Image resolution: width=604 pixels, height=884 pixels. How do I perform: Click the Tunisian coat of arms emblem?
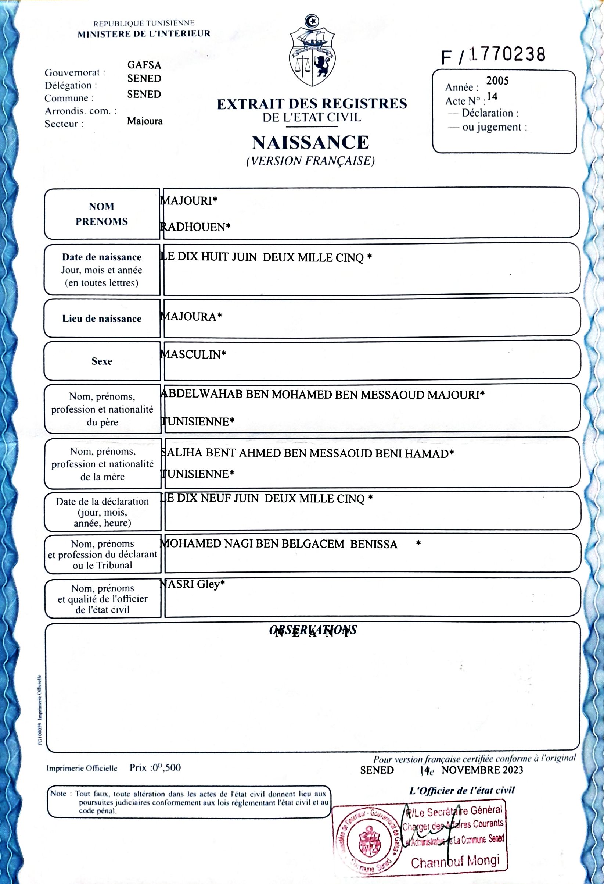tap(312, 51)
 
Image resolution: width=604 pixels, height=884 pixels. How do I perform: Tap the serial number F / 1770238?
tap(493, 56)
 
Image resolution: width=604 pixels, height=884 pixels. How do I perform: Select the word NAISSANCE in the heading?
tap(310, 142)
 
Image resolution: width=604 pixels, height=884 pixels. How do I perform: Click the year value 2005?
tap(497, 81)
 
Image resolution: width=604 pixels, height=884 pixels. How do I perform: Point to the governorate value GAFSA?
tap(144, 65)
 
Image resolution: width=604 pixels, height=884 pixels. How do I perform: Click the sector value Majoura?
tap(145, 121)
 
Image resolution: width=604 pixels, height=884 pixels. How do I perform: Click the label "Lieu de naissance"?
tap(102, 318)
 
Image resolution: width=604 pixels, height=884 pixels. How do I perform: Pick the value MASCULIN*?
tap(193, 354)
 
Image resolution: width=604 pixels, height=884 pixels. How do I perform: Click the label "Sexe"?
tap(102, 361)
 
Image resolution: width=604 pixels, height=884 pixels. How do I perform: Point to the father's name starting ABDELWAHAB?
tap(322, 395)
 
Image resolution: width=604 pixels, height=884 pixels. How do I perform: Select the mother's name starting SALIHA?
tap(307, 453)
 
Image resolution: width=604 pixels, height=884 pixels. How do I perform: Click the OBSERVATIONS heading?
tap(313, 630)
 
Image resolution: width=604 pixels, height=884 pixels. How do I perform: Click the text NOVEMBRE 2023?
tap(482, 770)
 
